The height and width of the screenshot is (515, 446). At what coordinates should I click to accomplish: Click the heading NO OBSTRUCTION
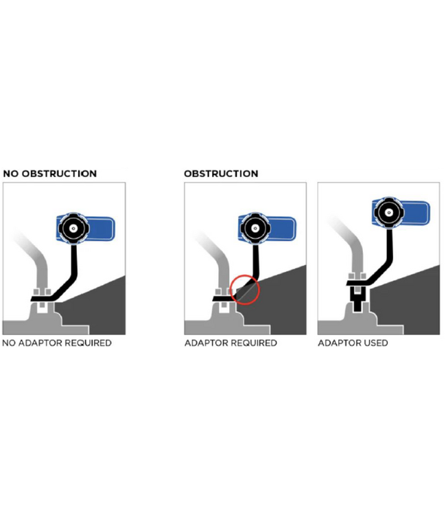(50, 174)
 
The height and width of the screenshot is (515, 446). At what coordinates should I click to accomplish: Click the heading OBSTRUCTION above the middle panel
(221, 174)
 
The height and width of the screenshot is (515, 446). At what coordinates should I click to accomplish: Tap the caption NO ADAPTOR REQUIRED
(57, 342)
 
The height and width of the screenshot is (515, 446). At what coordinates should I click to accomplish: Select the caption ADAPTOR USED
(353, 342)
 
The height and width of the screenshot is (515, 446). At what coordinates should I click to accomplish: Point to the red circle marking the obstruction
(246, 289)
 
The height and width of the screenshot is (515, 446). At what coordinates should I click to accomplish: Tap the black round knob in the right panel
(386, 212)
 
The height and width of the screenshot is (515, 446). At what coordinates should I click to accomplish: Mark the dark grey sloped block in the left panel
(99, 302)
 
